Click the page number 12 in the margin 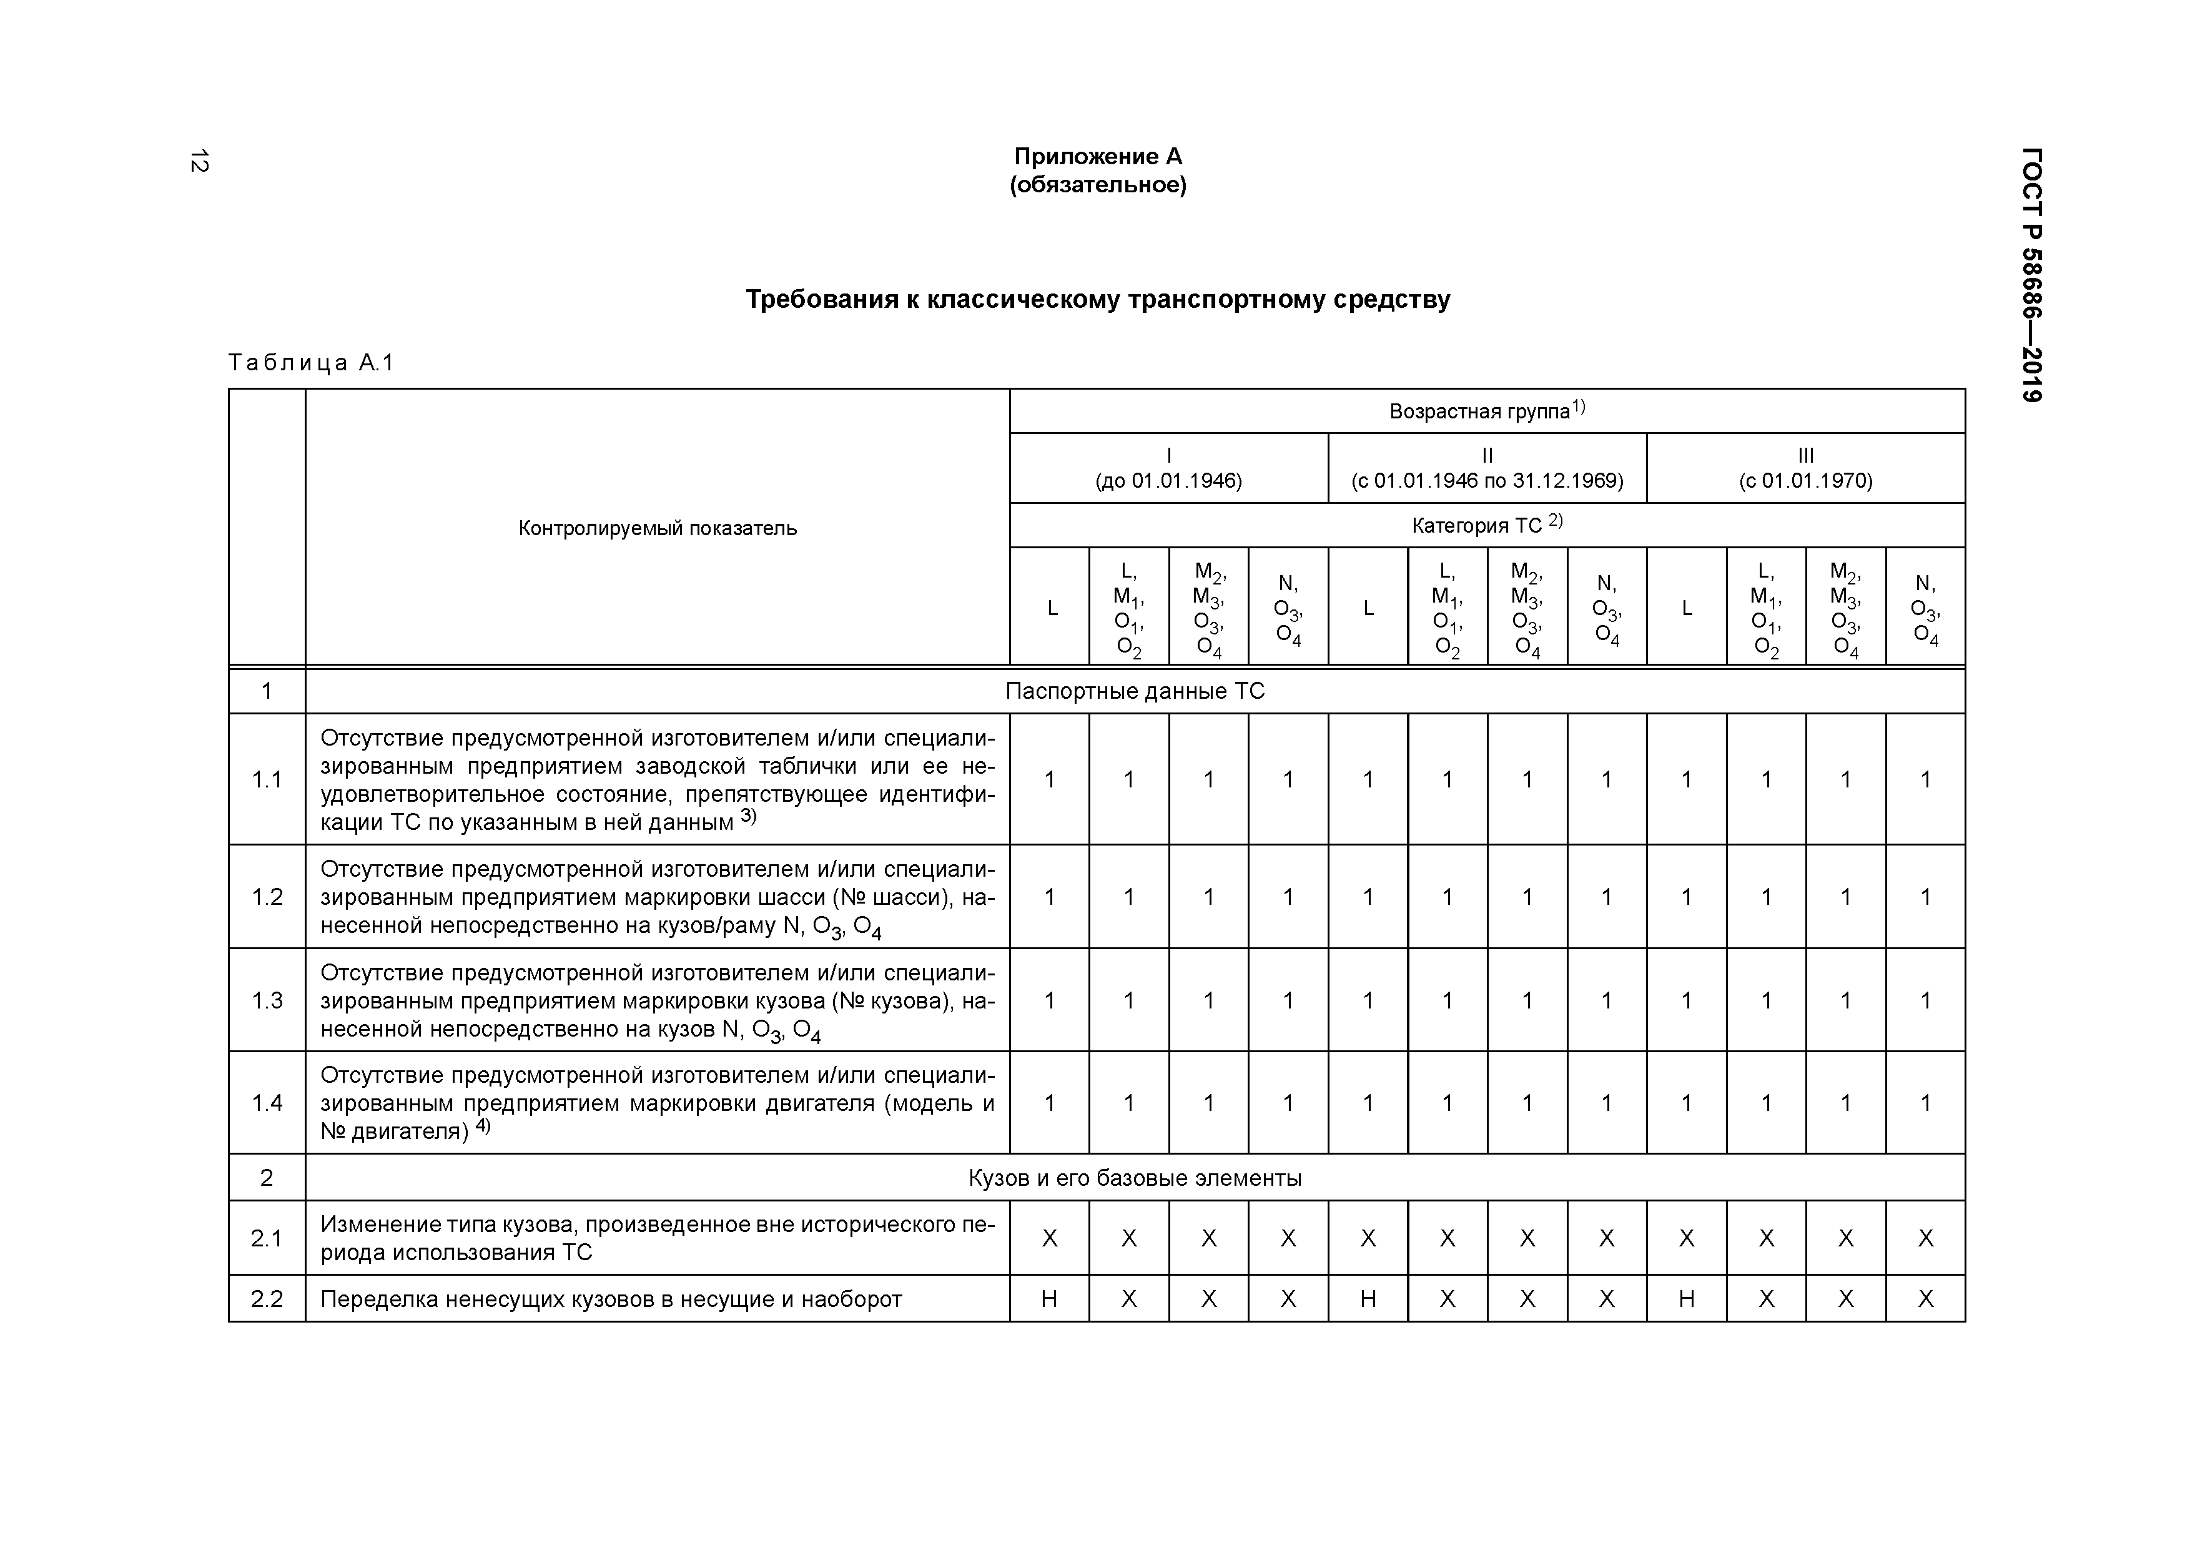point(199,161)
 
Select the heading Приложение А point(1098,156)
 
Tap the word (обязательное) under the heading point(1098,185)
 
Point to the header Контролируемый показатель point(657,528)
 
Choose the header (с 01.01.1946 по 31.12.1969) point(1487,481)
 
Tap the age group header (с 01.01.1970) point(1805,481)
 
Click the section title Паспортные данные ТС point(1135,691)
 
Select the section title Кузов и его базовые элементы point(1135,1178)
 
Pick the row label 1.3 point(267,1000)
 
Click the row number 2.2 point(267,1299)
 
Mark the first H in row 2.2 point(1049,1299)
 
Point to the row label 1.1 point(267,780)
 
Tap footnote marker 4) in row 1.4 point(483,1125)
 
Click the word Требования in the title point(821,300)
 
